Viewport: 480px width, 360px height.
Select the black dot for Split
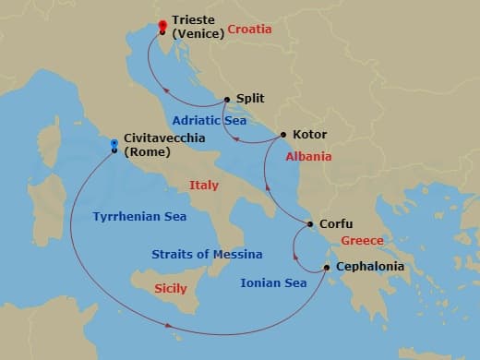226,99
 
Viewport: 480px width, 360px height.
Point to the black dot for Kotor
282,135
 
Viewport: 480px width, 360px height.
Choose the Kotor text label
308,135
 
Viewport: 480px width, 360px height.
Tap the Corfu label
335,223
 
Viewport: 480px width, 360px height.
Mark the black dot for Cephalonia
326,268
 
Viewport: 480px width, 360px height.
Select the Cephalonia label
369,267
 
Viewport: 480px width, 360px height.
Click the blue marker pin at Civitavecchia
114,143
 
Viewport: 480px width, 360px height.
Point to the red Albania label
308,157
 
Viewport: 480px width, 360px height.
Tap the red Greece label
362,242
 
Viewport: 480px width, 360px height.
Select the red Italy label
204,186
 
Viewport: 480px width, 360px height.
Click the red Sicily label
170,289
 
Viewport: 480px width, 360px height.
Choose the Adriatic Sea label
208,120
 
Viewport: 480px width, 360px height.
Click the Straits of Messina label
207,254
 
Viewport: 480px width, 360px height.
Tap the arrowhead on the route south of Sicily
169,325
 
